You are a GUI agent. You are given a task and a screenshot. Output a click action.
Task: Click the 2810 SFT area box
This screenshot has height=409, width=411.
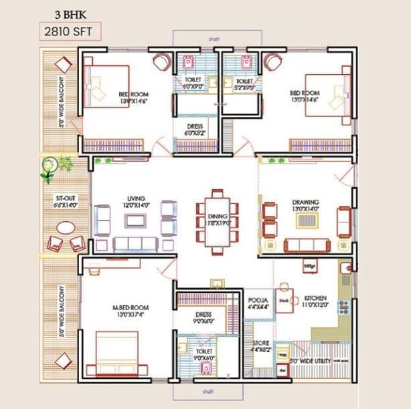70,31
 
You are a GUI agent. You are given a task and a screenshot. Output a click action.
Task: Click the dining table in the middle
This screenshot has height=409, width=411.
216,221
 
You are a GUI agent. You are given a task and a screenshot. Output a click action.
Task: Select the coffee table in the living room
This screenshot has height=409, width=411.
137,219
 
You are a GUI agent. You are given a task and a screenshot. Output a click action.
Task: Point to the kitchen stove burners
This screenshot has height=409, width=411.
343,307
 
